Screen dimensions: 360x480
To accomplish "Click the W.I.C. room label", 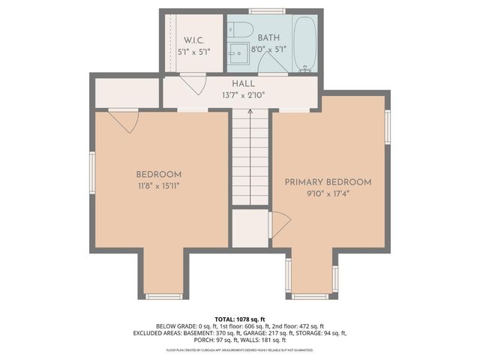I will [193, 39].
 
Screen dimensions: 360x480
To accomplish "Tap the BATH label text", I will [268, 37].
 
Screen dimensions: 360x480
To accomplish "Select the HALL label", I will [244, 84].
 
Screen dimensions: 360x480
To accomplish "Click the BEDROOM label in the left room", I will [159, 174].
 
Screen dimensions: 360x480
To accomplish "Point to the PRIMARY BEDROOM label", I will [328, 182].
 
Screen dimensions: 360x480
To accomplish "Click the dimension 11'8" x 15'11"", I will [159, 185].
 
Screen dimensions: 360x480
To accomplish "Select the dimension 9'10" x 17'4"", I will [328, 193].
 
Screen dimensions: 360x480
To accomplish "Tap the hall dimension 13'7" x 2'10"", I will [244, 95].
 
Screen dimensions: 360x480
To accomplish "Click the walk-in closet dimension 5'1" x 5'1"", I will [193, 51].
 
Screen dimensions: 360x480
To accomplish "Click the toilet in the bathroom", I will [240, 30].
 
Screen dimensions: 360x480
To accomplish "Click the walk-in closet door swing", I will [194, 83].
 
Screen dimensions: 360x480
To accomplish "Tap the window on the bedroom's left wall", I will [92, 173].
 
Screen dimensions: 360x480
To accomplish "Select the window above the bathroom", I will [267, 11].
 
